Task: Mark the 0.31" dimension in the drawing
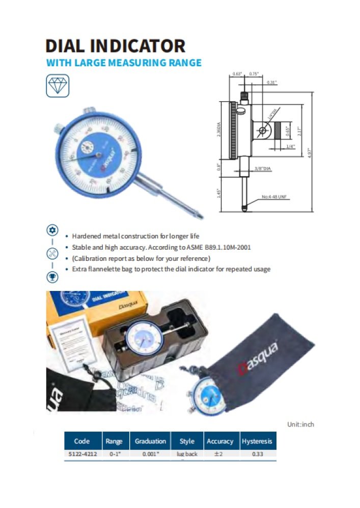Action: (271, 83)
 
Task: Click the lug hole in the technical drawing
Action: (263, 131)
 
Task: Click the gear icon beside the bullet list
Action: (52, 229)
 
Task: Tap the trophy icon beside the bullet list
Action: (52, 276)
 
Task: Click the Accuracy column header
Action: (219, 441)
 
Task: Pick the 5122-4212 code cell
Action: (81, 454)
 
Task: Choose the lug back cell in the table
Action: (187, 454)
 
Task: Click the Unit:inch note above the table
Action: (301, 424)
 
